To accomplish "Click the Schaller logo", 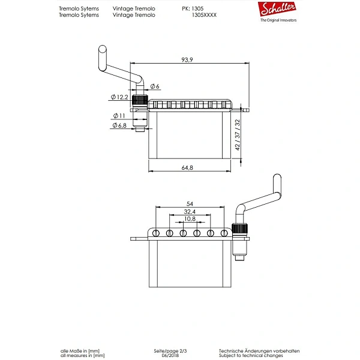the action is point(277,9).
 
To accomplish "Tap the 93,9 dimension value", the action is point(187,60).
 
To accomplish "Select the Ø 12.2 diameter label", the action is point(119,97).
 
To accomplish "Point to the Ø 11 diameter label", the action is point(119,116).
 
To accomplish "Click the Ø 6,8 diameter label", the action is point(119,125).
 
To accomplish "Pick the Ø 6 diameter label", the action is point(155,86).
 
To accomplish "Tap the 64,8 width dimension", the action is point(187,168).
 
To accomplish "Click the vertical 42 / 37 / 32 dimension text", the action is point(238,135).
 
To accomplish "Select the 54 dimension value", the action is point(190,204).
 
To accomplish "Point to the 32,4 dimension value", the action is point(190,211).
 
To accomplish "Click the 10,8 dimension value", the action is point(190,218).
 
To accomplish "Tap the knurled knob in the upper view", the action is point(140,100).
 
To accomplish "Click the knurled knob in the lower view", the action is point(239,229).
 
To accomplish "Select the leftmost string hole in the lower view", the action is point(156,233).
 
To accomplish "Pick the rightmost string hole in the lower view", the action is point(224,233).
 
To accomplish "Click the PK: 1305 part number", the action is point(193,9).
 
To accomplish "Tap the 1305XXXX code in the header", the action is point(204,15).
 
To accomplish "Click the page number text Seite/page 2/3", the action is point(170,351).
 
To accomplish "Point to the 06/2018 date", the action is point(170,355).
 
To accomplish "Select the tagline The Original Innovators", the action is point(278,20).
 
